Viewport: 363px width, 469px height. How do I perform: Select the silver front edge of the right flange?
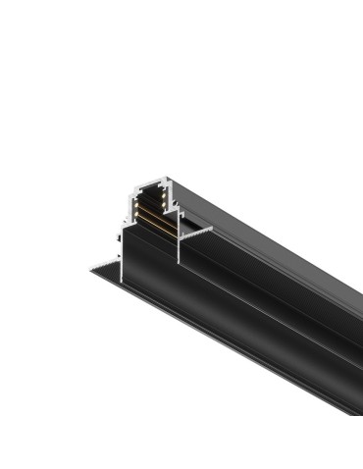pos(196,230)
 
